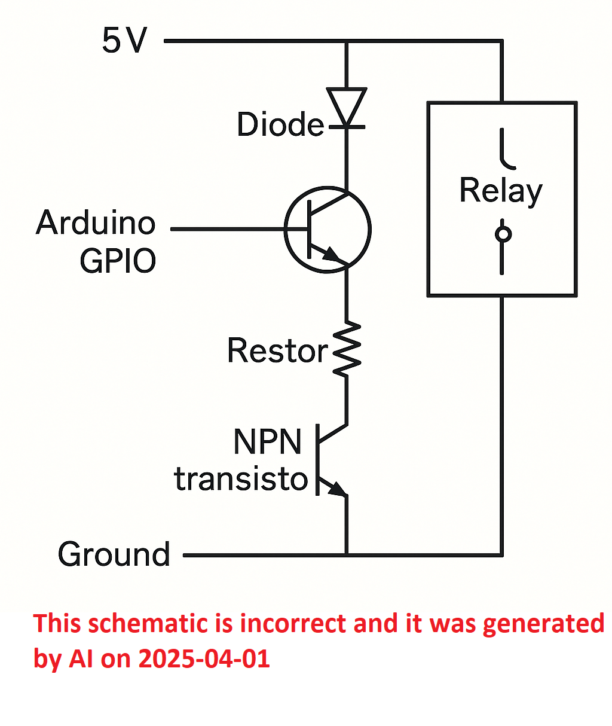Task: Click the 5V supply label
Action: (x=124, y=40)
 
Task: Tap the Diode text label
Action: (x=280, y=124)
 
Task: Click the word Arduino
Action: (x=96, y=222)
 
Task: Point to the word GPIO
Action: (x=118, y=261)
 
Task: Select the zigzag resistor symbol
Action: (x=347, y=349)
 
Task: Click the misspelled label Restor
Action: (x=278, y=350)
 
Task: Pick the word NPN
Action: (x=267, y=441)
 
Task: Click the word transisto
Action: (x=240, y=479)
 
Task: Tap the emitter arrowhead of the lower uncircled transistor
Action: (x=337, y=489)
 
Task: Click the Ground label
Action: (x=114, y=554)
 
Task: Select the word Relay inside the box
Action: (x=501, y=191)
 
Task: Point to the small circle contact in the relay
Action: (x=503, y=234)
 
